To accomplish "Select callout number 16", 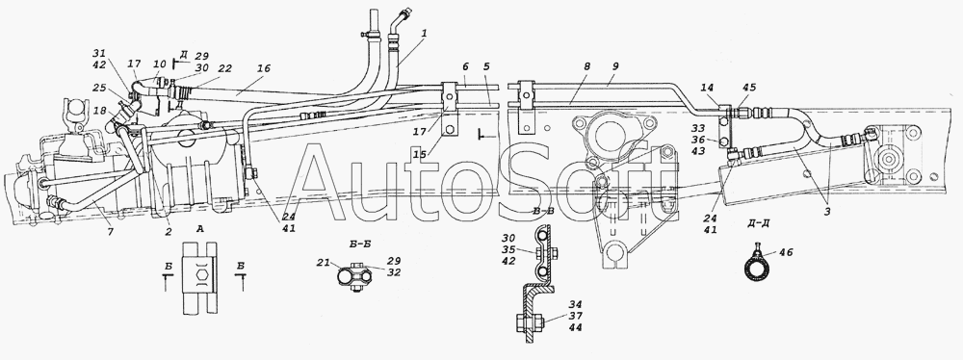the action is (x=264, y=67).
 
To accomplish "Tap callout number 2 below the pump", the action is (x=168, y=232).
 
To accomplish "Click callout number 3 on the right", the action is (x=828, y=212).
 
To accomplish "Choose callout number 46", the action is (x=785, y=252).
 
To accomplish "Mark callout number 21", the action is (x=324, y=263).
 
